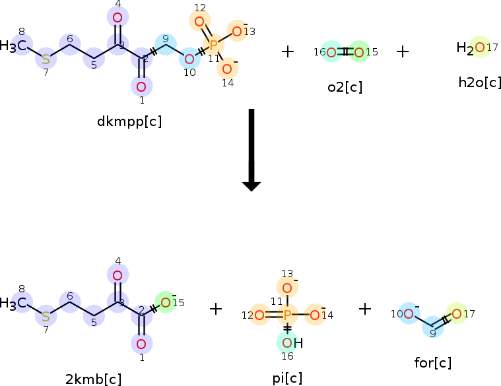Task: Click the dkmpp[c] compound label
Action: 129,121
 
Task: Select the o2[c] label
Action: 345,86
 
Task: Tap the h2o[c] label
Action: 480,83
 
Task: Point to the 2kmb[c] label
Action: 93,379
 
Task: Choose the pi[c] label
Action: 287,377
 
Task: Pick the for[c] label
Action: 434,362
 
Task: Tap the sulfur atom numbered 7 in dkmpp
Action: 46,59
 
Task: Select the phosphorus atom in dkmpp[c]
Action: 213,46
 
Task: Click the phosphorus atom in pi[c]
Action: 287,315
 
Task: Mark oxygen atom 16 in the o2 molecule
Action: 332,52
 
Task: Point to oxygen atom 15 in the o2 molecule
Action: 358,52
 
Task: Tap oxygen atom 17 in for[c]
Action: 456,313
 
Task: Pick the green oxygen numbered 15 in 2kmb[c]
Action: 166,303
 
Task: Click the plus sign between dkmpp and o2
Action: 288,51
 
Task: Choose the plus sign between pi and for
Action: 365,308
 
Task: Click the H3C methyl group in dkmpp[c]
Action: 14,46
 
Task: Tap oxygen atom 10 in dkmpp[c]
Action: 189,59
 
